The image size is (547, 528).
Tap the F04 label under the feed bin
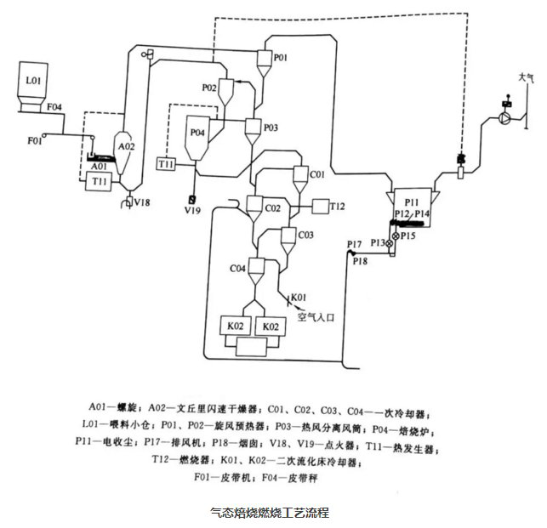pos(54,107)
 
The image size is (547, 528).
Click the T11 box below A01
pos(100,181)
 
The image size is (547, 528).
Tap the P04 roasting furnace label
pos(197,133)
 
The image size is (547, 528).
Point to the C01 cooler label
pos(317,174)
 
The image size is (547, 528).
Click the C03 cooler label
pos(305,235)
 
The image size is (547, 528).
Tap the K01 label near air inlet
pos(298,297)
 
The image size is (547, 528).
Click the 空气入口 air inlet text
pos(317,315)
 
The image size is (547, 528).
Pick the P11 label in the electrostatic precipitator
pos(413,202)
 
